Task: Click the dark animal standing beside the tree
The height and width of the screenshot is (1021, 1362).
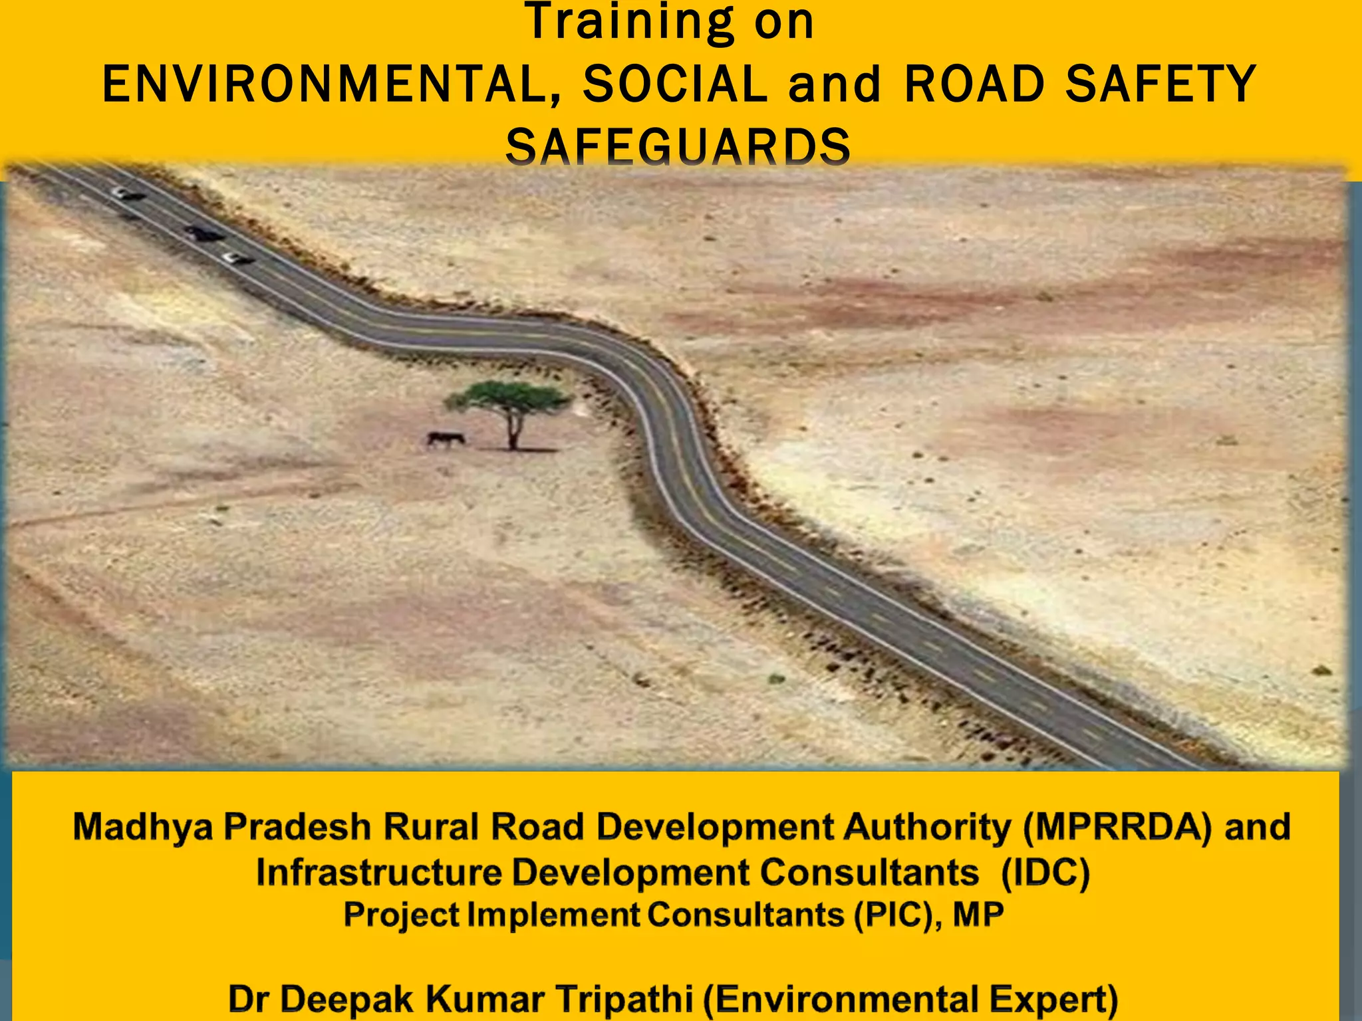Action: tap(445, 439)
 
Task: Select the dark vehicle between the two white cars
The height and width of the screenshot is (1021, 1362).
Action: tap(204, 233)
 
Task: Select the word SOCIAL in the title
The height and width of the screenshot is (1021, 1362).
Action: tap(674, 84)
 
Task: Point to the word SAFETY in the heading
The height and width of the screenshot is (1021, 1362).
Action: tap(1160, 84)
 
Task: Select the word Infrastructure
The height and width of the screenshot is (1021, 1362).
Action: tap(378, 872)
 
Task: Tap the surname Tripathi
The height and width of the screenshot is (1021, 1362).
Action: tap(624, 999)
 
